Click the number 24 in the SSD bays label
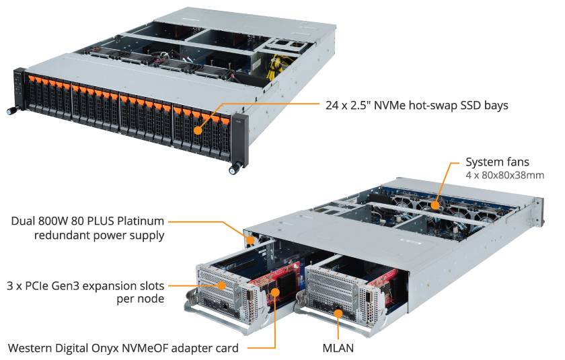pyautogui.click(x=332, y=105)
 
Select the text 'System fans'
pyautogui.click(x=497, y=162)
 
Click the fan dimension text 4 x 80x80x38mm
pyautogui.click(x=505, y=176)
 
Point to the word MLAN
pyautogui.click(x=338, y=348)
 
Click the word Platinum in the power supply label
pyautogui.click(x=140, y=221)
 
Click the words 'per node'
pyautogui.click(x=142, y=298)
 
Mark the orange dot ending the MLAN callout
pyautogui.click(x=338, y=313)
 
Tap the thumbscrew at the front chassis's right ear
pyautogui.click(x=233, y=170)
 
